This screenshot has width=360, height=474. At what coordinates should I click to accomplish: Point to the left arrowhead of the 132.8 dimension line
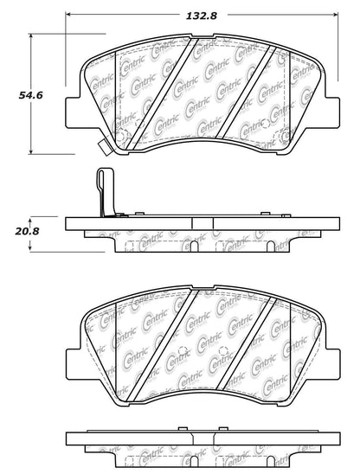point(72,15)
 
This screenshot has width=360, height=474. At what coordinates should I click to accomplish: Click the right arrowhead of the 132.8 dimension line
point(338,15)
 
